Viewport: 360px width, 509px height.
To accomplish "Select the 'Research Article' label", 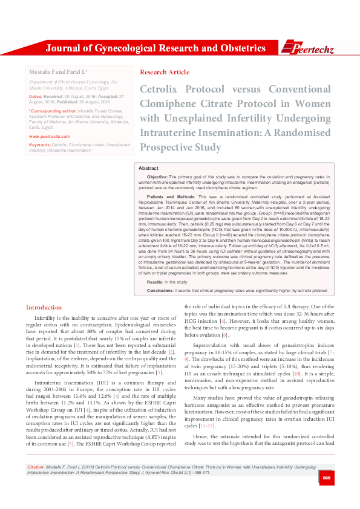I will click(160, 71).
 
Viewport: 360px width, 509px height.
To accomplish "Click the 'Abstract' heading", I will click(148, 167).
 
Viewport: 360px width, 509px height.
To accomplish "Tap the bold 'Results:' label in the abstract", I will click(154, 282).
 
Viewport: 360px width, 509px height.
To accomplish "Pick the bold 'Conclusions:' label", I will click(160, 291).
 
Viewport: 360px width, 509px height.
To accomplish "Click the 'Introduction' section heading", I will click(44, 308).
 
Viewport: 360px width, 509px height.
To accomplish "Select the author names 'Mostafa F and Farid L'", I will click(59, 72).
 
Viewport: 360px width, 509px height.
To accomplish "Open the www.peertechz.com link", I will click(49, 137).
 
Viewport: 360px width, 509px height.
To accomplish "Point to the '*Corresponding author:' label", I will click(50, 112).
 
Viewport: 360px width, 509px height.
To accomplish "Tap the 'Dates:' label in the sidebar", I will click(36, 96).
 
